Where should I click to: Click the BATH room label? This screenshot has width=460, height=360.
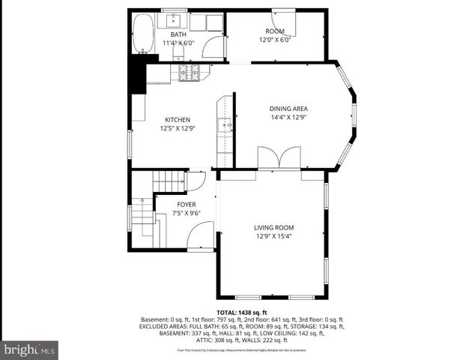[x=178, y=34]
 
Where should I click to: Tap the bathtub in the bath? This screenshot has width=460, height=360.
[x=142, y=35]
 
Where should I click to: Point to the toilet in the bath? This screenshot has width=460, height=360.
[x=198, y=22]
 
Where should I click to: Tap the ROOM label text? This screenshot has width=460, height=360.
[x=274, y=31]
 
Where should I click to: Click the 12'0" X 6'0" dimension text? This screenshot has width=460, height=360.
[x=274, y=40]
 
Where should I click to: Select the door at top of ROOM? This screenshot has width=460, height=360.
[x=285, y=24]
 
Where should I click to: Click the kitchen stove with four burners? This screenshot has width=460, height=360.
[x=189, y=72]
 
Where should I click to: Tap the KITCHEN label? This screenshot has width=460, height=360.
[x=178, y=119]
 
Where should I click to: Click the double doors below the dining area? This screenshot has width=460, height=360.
[x=279, y=158]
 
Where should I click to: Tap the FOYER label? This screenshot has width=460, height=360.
[x=187, y=204]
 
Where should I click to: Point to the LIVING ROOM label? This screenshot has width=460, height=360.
[x=273, y=228]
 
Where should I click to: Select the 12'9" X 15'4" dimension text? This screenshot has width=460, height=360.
[x=273, y=237]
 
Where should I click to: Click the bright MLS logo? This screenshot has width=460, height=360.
[x=29, y=349]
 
